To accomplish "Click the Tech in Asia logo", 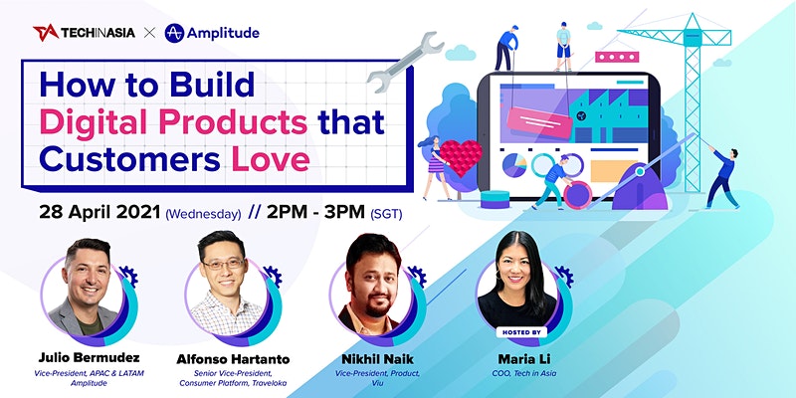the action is (85, 33).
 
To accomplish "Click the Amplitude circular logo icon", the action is (174, 33).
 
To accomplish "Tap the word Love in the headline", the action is (271, 159).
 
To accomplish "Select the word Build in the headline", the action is (212, 85).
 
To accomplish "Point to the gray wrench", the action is (405, 61).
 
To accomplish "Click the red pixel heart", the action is (461, 157).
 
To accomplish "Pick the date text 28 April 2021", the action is (100, 212).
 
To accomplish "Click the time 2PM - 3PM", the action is (315, 212).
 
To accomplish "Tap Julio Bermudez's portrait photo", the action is (87, 291).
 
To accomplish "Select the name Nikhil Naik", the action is (377, 359).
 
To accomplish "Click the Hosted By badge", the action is (521, 332).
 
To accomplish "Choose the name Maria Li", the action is (523, 359).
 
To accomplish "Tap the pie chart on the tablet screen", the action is (514, 165).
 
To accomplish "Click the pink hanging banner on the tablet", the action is (539, 122).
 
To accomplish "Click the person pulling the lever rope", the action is (722, 178).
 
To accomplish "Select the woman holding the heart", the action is (435, 167).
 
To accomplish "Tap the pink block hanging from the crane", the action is (617, 57).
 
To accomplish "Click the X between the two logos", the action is (149, 34).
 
